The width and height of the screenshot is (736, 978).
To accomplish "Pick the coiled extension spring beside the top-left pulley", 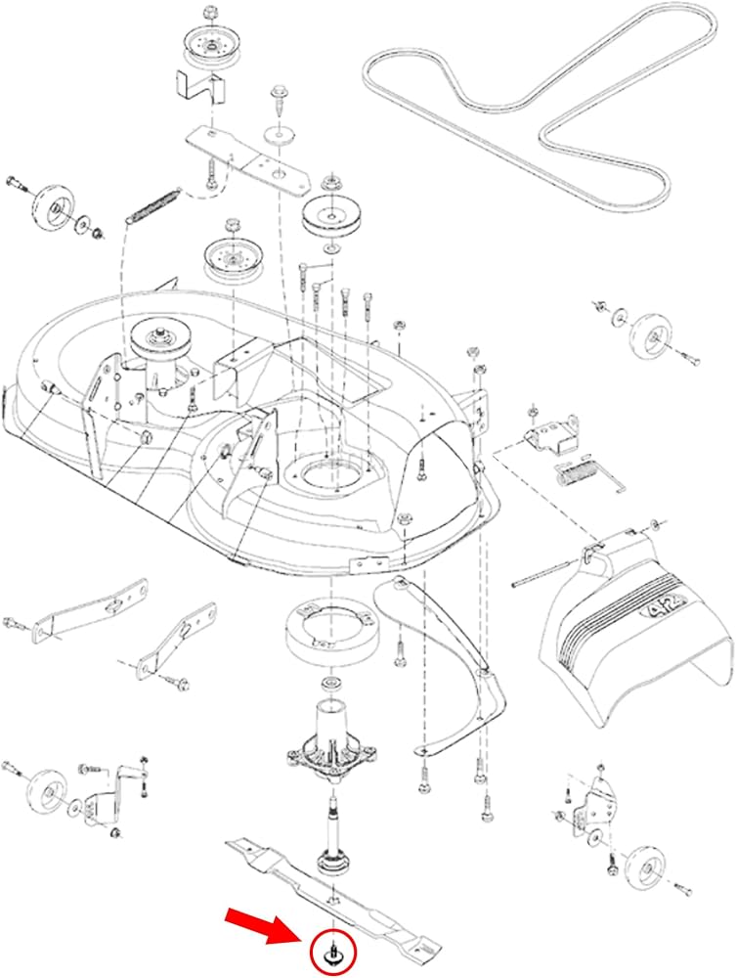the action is [153, 205].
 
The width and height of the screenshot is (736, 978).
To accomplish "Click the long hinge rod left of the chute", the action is [541, 574].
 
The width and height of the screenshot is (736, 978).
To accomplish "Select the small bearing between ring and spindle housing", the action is [327, 680].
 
